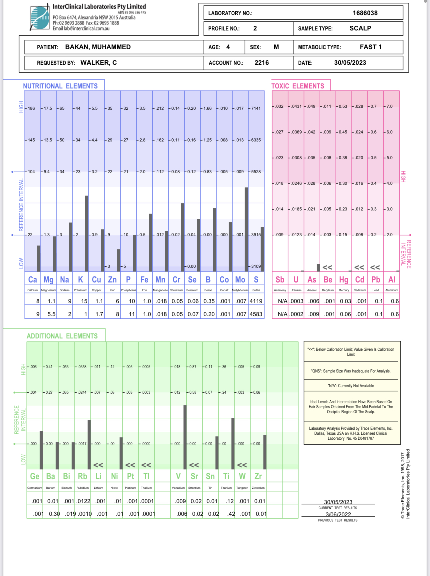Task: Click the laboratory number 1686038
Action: pyautogui.click(x=365, y=13)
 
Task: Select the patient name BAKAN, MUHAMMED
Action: pyautogui.click(x=98, y=47)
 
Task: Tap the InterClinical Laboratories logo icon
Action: pyautogui.click(x=40, y=18)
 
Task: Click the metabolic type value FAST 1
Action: pyautogui.click(x=370, y=47)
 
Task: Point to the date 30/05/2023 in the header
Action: pyautogui.click(x=350, y=63)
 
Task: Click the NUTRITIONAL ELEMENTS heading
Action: pyautogui.click(x=60, y=86)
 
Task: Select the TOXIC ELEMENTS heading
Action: pyautogui.click(x=297, y=86)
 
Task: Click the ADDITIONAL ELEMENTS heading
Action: pyautogui.click(x=62, y=336)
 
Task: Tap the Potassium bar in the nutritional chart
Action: pyautogui.click(x=87, y=233)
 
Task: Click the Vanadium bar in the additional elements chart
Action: pyautogui.click(x=185, y=437)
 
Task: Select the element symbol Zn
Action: pyautogui.click(x=112, y=280)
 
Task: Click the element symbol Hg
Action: pyautogui.click(x=344, y=280)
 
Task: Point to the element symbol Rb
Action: pyautogui.click(x=82, y=476)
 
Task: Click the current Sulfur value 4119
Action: pyautogui.click(x=256, y=301)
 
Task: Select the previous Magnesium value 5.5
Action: pyautogui.click(x=51, y=314)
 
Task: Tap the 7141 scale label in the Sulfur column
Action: pyautogui.click(x=256, y=108)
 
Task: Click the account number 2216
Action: pyautogui.click(x=262, y=63)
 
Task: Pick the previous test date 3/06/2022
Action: pyautogui.click(x=338, y=514)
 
